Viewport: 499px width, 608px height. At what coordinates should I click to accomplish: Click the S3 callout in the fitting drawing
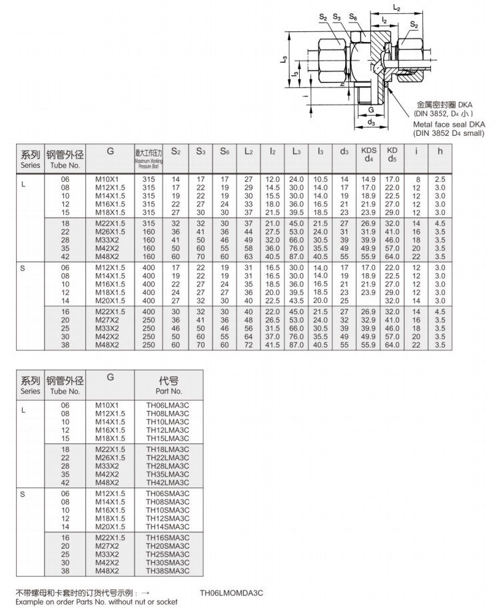[x=337, y=17]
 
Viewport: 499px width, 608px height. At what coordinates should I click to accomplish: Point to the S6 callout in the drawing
[x=353, y=17]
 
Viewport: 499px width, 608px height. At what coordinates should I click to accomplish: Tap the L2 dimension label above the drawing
[x=396, y=9]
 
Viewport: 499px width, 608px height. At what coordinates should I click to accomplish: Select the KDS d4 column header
[x=368, y=155]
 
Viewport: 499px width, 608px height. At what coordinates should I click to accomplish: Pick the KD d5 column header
[x=392, y=155]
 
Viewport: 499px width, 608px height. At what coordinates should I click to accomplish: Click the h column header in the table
[x=439, y=151]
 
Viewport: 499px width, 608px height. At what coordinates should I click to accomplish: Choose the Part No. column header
[x=169, y=386]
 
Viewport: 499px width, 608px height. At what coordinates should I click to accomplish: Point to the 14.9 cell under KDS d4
[x=368, y=180]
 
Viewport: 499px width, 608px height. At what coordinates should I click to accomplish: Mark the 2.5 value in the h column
[x=440, y=180]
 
